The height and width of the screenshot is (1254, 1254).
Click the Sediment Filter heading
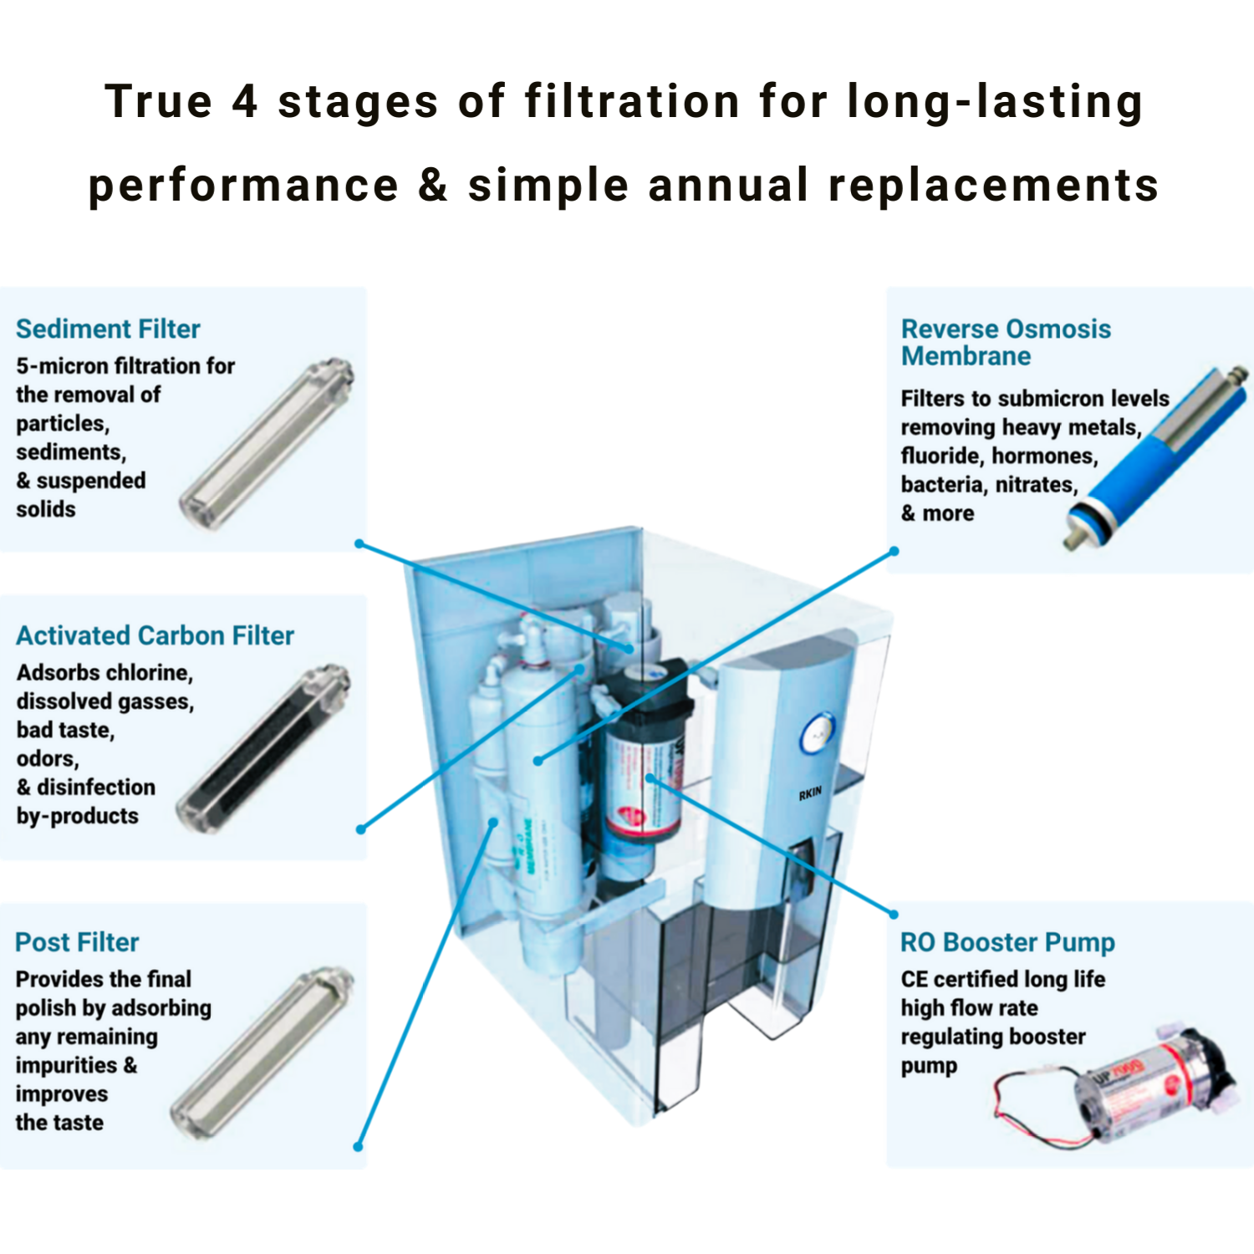point(108,329)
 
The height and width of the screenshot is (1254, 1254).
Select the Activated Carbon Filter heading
point(155,635)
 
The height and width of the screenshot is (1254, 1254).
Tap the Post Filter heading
point(77,942)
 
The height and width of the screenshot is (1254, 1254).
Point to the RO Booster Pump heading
point(1007,942)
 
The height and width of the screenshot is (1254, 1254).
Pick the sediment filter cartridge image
point(267,444)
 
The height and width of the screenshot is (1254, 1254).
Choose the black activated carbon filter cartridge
point(264,748)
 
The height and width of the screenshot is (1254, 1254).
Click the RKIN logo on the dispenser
point(809,793)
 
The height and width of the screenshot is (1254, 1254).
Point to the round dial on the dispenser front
point(817,735)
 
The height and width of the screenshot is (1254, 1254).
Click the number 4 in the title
point(244,101)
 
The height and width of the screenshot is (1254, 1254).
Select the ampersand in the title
point(433,185)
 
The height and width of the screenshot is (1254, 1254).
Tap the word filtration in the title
point(632,101)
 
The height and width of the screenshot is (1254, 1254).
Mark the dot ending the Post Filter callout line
point(358,1147)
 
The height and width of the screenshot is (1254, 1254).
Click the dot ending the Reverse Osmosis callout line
point(894,551)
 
